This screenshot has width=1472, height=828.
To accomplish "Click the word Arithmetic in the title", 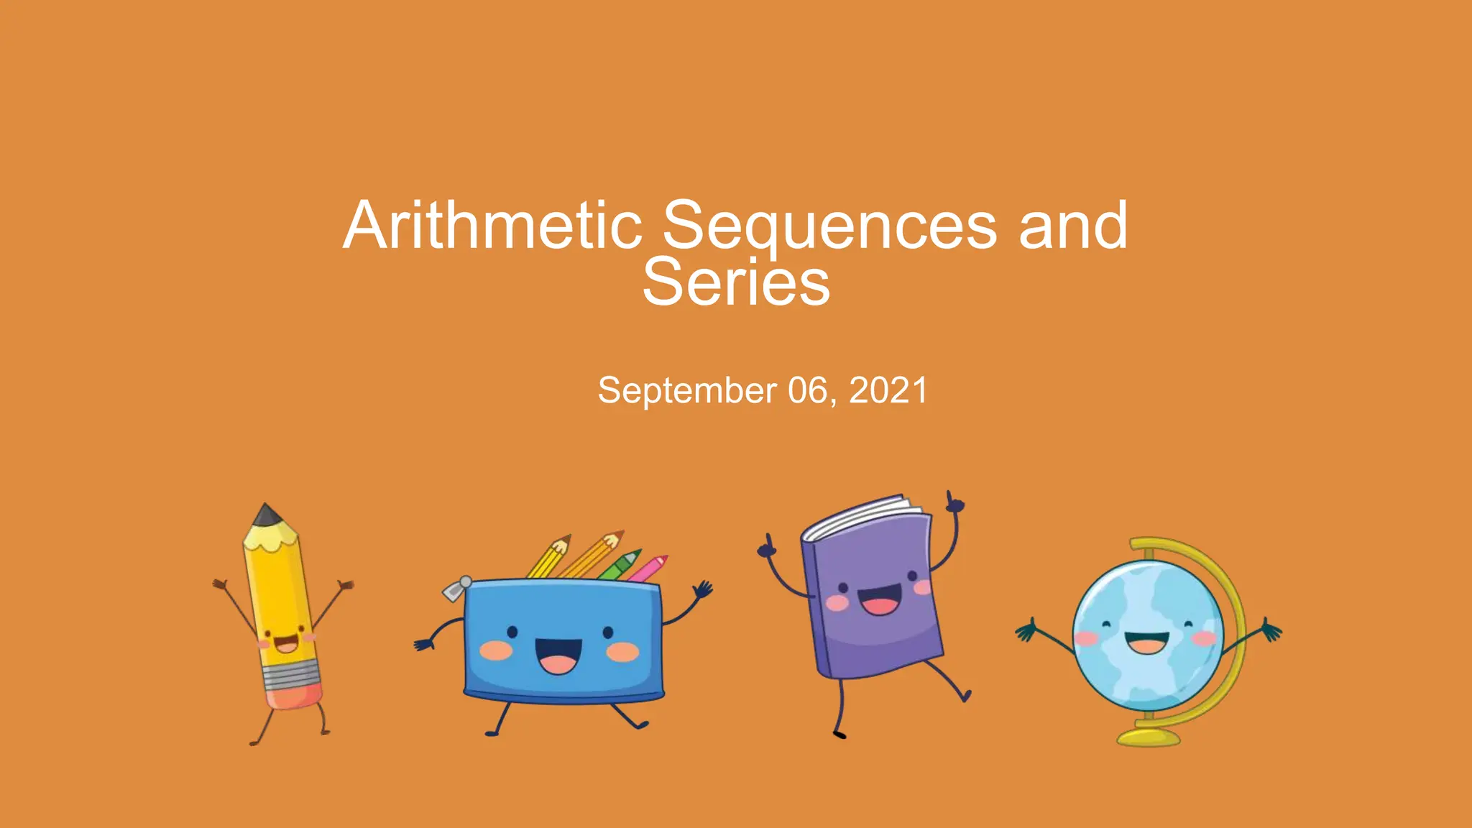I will pos(492,226).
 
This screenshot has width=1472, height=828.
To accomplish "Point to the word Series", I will pos(736,282).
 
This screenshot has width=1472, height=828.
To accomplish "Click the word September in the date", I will pos(687,391).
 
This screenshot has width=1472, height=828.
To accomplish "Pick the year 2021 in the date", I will pos(888,391).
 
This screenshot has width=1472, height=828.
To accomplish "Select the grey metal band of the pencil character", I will pos(290,675).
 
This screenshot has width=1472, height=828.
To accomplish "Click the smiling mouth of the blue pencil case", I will pos(558,655).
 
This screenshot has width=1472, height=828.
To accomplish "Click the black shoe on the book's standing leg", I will pos(839,734).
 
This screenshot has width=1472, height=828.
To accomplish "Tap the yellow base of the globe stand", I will pos(1148,737).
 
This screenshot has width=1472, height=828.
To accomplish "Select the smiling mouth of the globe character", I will pos(1147,642).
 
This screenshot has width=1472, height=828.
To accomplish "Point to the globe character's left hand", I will pos(1026,632).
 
